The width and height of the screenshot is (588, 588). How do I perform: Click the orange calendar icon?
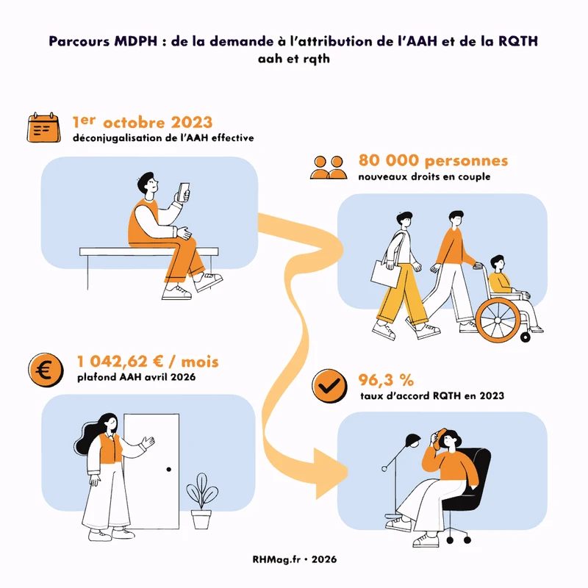[43, 127]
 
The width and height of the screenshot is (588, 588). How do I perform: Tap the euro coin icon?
[46, 370]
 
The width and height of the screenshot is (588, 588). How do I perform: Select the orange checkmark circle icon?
[329, 386]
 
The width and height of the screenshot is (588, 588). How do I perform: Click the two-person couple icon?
[329, 168]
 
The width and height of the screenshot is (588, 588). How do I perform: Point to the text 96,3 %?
[386, 380]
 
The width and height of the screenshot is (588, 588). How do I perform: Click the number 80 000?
[389, 160]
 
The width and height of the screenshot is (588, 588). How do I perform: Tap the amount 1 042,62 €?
[120, 362]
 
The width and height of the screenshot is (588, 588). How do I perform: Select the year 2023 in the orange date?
[192, 123]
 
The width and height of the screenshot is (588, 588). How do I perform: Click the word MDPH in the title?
[136, 41]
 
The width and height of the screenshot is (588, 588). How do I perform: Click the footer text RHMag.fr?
[276, 559]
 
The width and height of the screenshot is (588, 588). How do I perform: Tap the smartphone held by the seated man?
[183, 192]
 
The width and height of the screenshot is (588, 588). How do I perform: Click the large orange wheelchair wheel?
[498, 320]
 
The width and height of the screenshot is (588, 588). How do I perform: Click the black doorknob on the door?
[169, 469]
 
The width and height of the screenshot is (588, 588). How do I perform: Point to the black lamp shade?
[413, 440]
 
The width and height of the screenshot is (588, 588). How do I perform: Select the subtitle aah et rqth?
[293, 59]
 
